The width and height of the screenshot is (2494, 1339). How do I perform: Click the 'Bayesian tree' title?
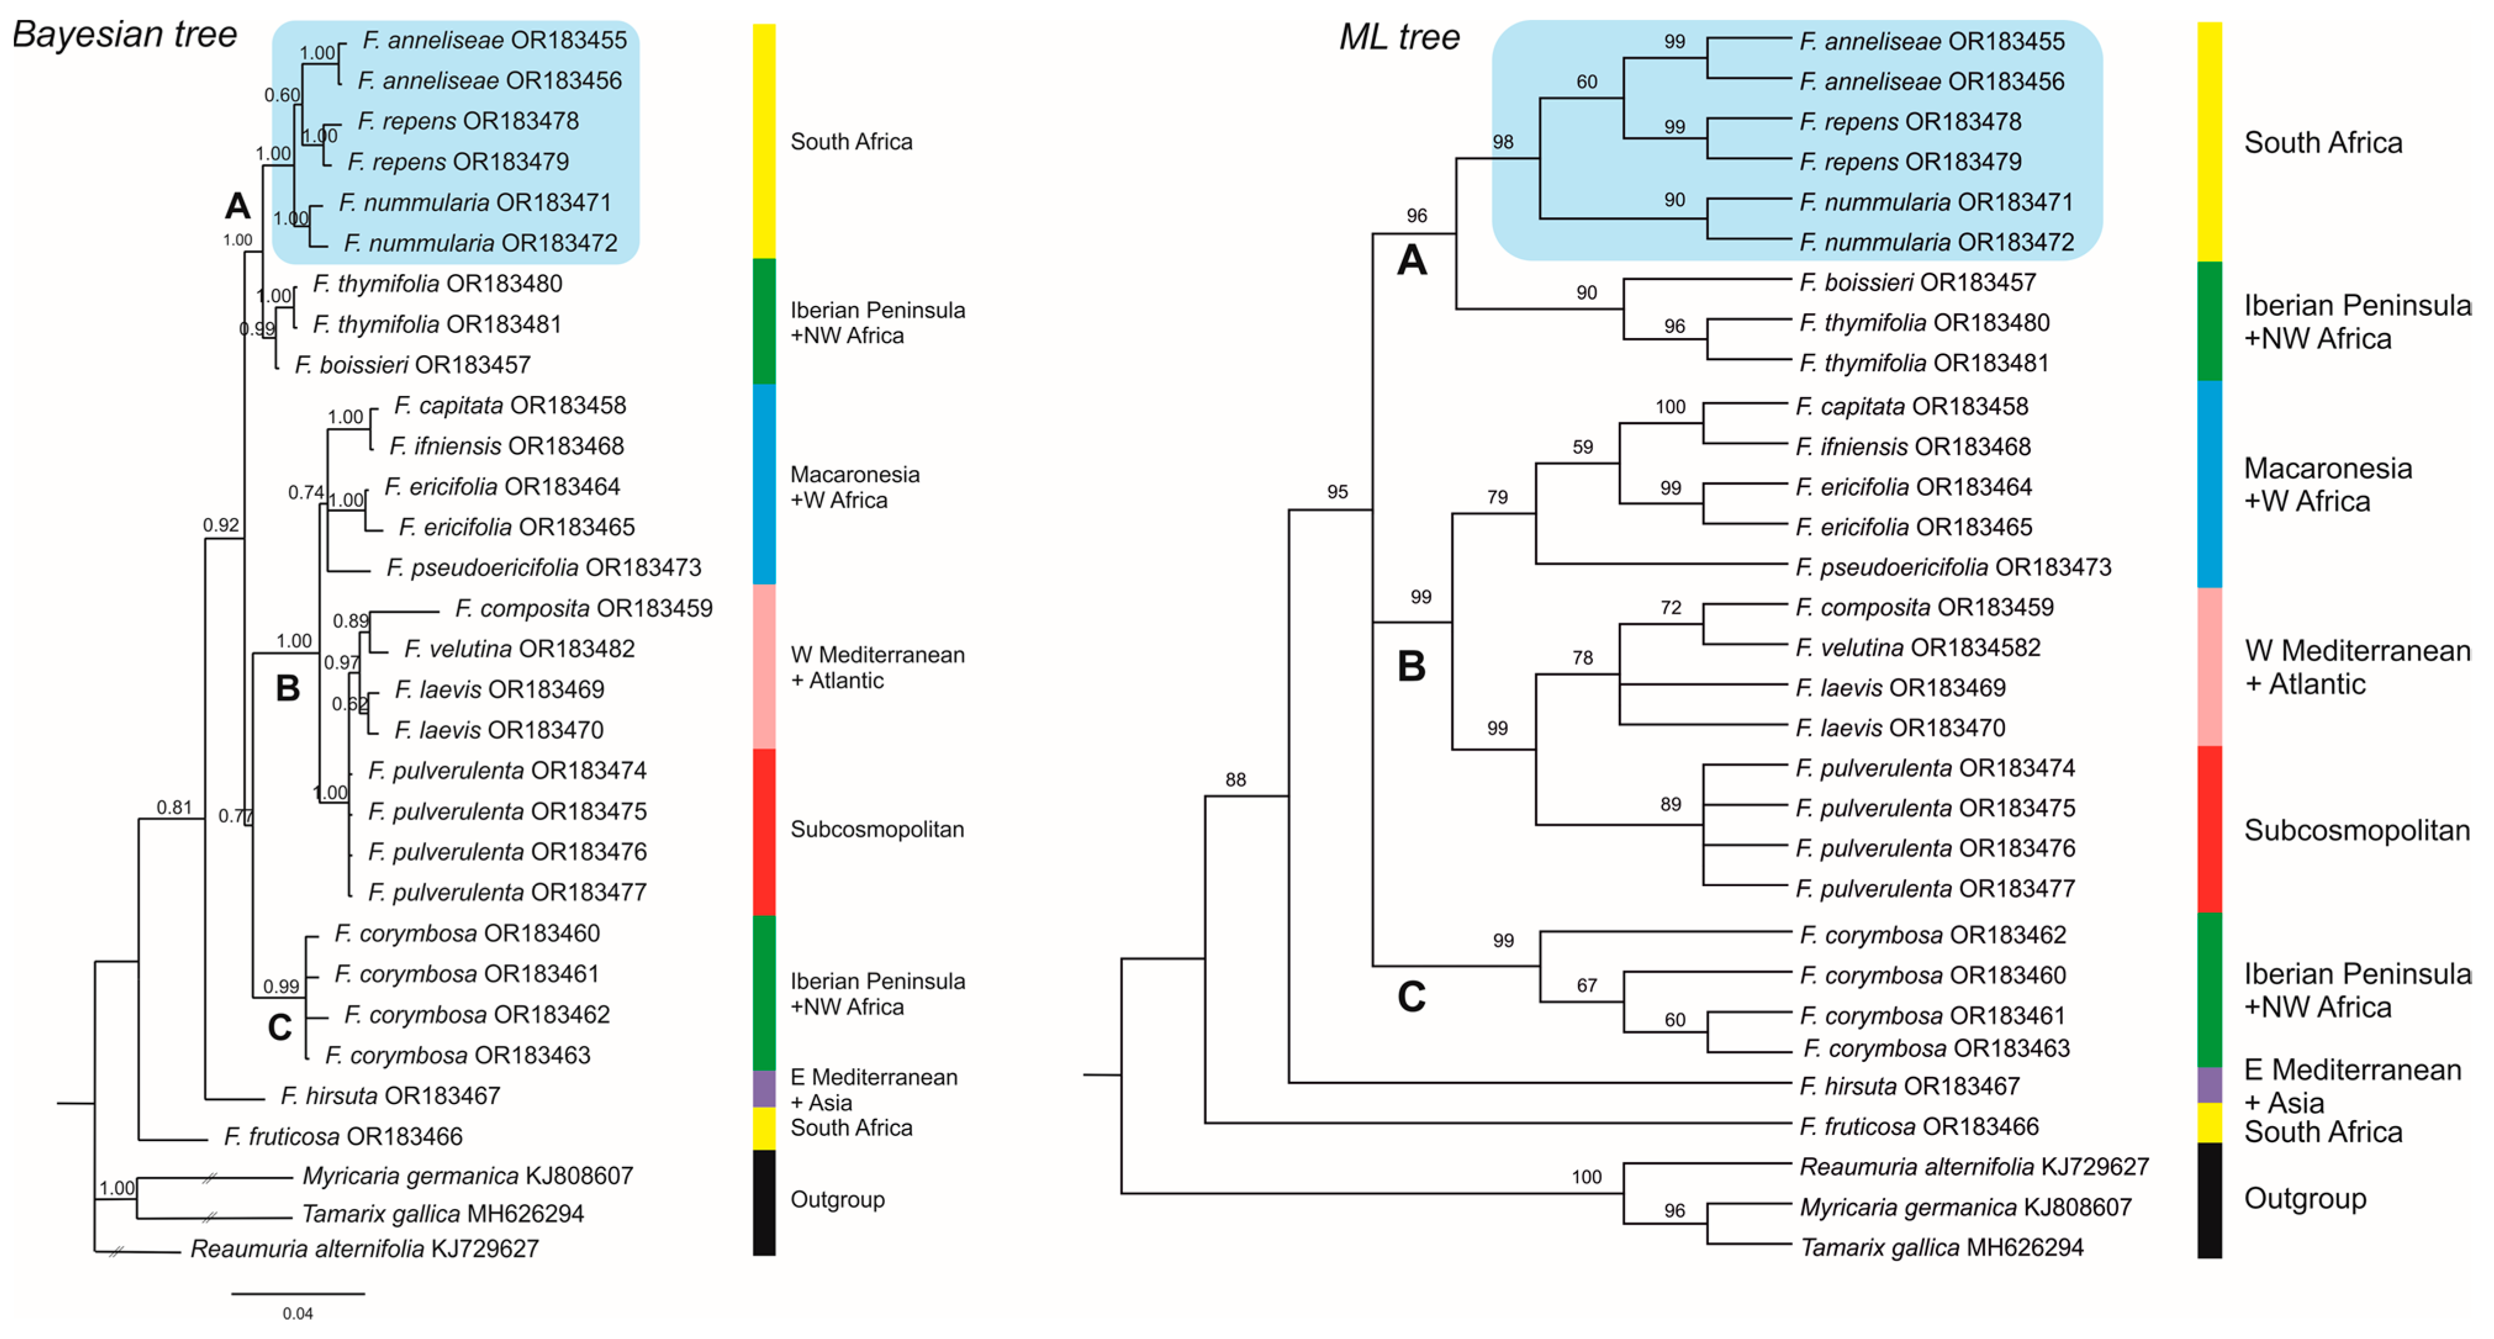click(x=124, y=35)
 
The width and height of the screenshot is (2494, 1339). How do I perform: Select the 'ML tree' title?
click(x=1399, y=37)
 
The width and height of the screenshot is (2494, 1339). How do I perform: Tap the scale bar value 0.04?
click(x=297, y=1314)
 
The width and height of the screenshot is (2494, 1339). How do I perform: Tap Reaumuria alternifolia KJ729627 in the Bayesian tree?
click(x=364, y=1249)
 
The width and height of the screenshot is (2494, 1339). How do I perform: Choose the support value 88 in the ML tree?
click(x=1235, y=780)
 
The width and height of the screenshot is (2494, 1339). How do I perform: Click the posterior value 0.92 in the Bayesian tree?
click(x=221, y=525)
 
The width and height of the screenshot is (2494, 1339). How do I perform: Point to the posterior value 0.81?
click(x=175, y=807)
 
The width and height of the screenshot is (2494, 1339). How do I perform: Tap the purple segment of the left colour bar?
click(x=764, y=1088)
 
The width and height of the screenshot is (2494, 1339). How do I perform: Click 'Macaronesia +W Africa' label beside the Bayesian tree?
click(x=854, y=487)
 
